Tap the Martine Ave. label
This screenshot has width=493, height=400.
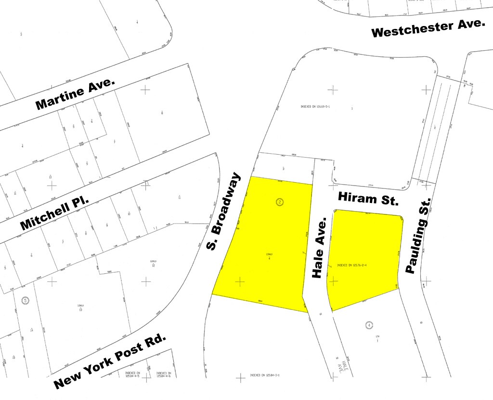pyautogui.click(x=76, y=94)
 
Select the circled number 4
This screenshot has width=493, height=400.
pyautogui.click(x=369, y=325)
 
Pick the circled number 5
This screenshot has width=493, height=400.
pyautogui.click(x=25, y=300)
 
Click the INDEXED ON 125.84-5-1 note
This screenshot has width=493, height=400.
pyautogui.click(x=265, y=375)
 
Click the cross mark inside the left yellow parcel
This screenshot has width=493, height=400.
pyautogui.click(x=239, y=280)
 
